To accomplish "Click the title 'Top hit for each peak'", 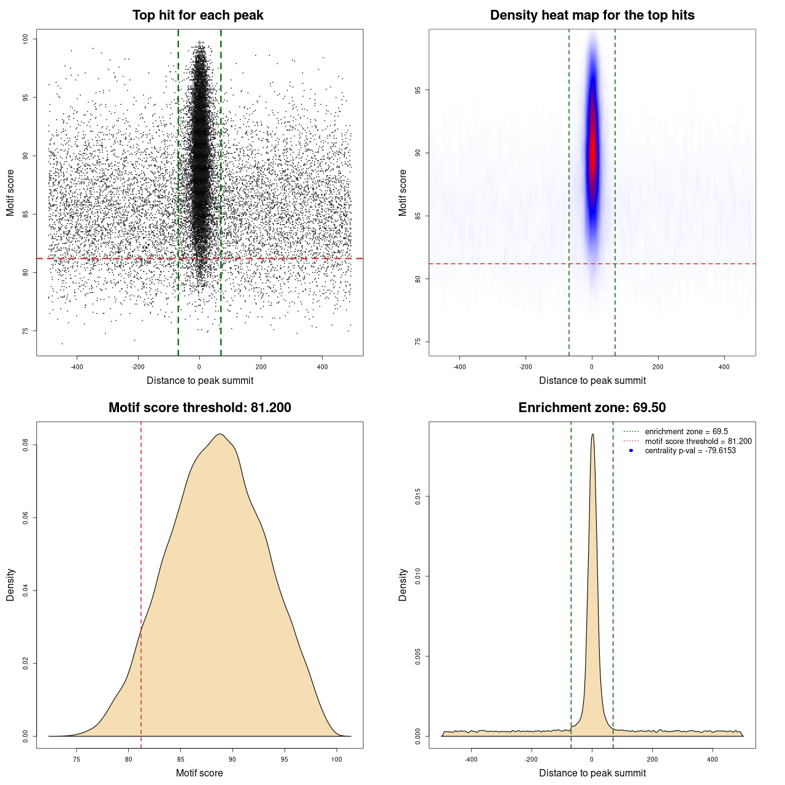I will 197,15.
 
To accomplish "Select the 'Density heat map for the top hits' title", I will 592,15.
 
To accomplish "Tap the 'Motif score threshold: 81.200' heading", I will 199,408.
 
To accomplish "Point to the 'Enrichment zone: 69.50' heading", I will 592,408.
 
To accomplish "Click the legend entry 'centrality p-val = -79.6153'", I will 690,451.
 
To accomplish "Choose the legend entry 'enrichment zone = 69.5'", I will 686,432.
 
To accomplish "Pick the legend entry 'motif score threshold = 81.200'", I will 698,442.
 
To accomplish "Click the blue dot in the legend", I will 631,451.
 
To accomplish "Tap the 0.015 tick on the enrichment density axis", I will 418,496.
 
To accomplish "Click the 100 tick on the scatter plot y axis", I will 26,39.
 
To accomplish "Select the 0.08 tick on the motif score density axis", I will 26,445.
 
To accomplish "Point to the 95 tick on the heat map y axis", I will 418,90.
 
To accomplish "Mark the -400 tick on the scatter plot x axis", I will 77,367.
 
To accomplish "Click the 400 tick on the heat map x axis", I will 724,367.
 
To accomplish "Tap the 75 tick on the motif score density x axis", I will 77,759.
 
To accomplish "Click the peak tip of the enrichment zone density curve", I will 592,435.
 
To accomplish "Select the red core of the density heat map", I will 592,153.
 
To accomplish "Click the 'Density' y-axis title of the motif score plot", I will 10,584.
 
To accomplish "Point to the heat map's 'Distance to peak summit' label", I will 592,381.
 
